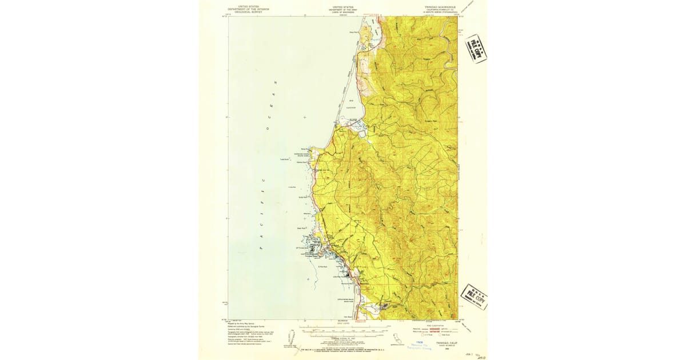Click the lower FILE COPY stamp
[474, 297]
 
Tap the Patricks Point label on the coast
[304, 163]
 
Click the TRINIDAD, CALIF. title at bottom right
[444, 342]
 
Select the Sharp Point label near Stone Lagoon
[353, 32]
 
